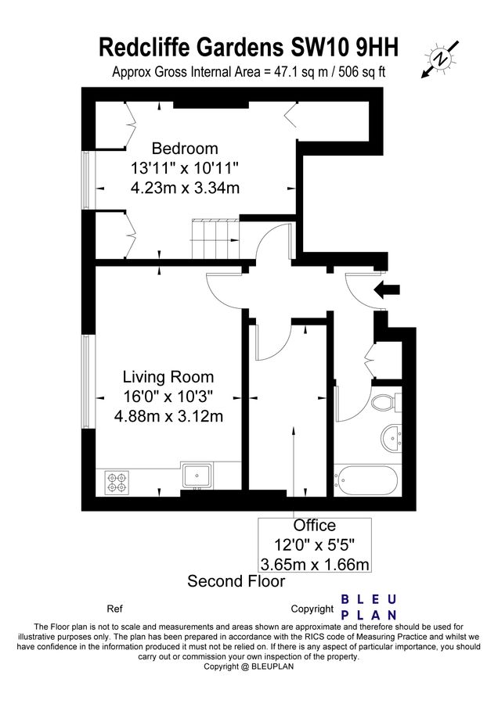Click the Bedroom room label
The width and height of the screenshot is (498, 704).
pyautogui.click(x=185, y=149)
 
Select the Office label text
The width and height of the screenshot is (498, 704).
pyautogui.click(x=314, y=526)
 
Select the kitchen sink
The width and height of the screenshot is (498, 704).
pyautogui.click(x=196, y=474)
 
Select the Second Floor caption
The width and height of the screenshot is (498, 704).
pyautogui.click(x=236, y=581)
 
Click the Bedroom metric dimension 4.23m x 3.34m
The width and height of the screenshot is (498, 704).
pyautogui.click(x=185, y=187)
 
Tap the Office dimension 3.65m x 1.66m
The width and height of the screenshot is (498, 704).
pyautogui.click(x=314, y=563)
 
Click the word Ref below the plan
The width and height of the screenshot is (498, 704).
pyautogui.click(x=114, y=608)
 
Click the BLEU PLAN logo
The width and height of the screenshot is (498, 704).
pyautogui.click(x=369, y=607)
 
